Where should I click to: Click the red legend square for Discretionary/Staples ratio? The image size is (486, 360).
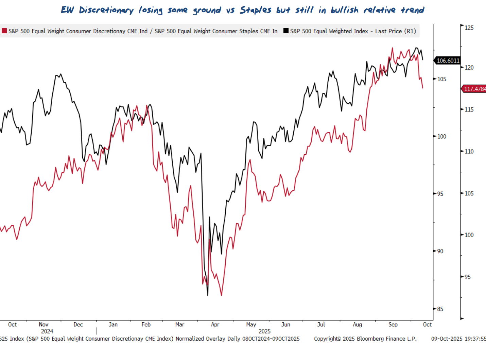tap(4, 31)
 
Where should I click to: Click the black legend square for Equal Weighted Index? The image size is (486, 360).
tap(286, 31)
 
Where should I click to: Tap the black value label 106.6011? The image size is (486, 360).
tap(448, 61)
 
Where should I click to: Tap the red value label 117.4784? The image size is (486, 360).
tap(474, 89)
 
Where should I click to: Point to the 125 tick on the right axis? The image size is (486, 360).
tap(469, 28)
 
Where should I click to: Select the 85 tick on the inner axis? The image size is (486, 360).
tap(440, 309)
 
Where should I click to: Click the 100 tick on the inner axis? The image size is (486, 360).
tap(441, 136)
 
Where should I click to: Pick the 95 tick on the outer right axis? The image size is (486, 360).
tap(468, 277)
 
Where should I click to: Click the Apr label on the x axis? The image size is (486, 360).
tap(215, 325)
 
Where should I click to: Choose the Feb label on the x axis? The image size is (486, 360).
tap(146, 325)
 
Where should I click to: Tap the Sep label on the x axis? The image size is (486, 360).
tap(393, 325)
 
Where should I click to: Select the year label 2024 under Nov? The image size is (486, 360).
tap(47, 331)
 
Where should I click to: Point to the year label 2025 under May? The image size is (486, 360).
tap(264, 331)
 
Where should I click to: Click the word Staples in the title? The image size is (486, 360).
tap(256, 10)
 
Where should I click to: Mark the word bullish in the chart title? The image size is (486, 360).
tap(345, 10)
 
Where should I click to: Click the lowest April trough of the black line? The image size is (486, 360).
tap(208, 295)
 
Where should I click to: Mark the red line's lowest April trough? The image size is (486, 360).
tap(221, 295)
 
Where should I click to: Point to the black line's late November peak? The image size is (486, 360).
tap(60, 74)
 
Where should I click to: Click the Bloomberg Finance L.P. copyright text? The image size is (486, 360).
tap(365, 339)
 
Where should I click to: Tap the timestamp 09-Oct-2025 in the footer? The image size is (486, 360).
tap(447, 339)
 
